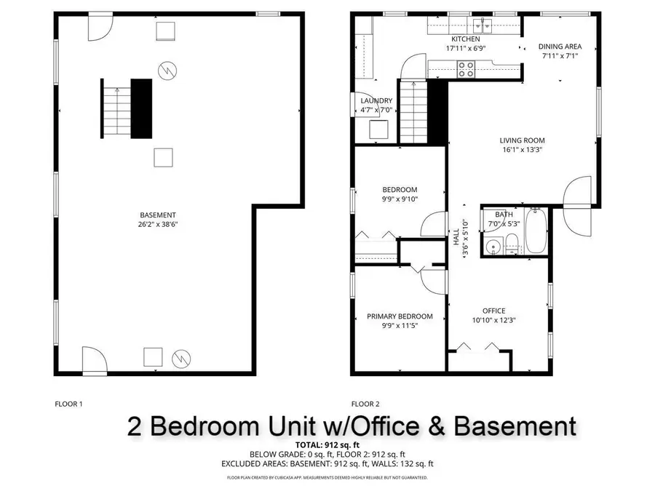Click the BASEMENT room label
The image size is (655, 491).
click(158, 215)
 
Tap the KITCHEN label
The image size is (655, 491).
click(466, 39)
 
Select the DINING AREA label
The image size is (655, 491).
click(560, 47)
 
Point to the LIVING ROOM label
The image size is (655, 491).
click(522, 140)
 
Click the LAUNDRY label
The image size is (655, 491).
click(376, 101)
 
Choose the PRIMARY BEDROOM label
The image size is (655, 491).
click(400, 316)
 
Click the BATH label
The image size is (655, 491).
click(504, 215)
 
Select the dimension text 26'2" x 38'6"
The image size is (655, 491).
click(158, 225)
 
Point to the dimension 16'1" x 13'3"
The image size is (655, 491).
click(522, 150)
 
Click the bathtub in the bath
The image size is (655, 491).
click(536, 231)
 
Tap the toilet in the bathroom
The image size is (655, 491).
click(512, 244)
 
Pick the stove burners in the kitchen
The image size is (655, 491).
click(466, 69)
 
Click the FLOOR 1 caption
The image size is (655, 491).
click(69, 404)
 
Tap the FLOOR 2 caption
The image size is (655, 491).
click(365, 404)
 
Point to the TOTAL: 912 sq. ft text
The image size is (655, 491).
click(327, 444)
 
